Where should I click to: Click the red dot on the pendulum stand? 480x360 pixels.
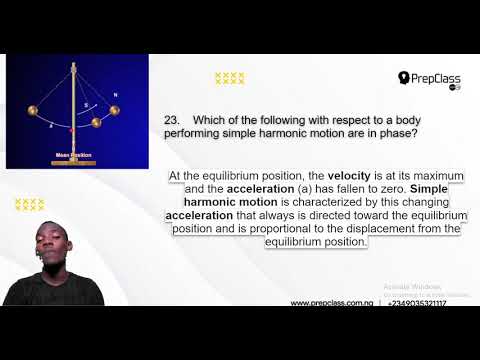tap(72, 127)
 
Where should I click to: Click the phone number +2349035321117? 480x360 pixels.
tap(418, 302)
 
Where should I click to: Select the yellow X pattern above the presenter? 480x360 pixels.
tap(29, 204)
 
